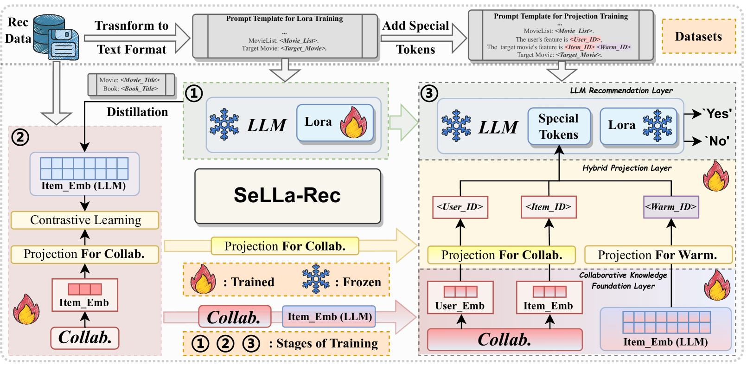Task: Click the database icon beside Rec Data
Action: point(56,37)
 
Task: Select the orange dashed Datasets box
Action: point(699,36)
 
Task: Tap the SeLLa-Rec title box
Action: point(288,196)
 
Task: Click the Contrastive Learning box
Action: point(85,220)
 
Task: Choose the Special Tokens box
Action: point(559,127)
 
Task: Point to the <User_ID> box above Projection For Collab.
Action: point(460,207)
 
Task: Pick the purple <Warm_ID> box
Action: point(671,207)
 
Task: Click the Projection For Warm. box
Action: point(658,255)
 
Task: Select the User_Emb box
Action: point(460,298)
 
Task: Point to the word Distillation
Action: point(137,112)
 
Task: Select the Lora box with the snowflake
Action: point(638,126)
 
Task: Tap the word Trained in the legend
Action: point(253,282)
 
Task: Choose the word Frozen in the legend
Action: point(362,282)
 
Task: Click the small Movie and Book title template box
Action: point(131,85)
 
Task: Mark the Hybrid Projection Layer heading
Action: point(627,168)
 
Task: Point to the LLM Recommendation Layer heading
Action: point(621,90)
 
